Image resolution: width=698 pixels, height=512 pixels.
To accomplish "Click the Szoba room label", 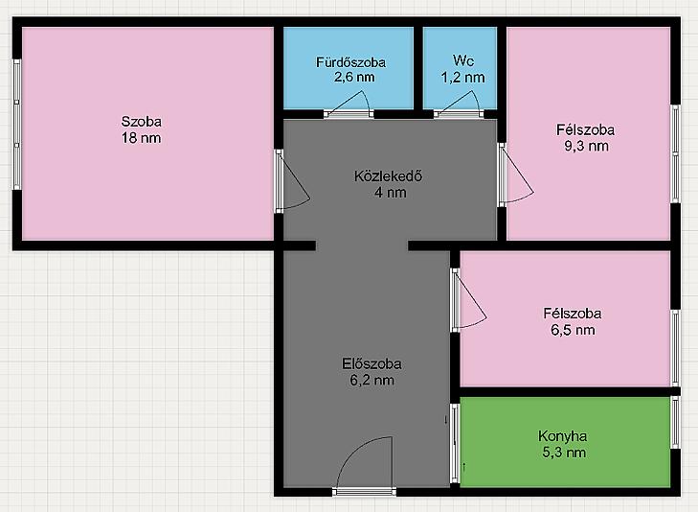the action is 142,121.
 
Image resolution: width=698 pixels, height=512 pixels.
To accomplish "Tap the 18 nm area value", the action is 142,138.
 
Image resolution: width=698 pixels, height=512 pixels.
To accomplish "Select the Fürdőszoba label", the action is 350,62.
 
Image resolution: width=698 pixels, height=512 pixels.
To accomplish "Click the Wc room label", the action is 463,60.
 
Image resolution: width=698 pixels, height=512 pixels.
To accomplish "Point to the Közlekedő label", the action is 388,176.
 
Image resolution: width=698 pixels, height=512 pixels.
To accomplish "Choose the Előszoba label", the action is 372,363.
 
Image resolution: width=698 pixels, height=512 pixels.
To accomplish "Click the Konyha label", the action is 563,436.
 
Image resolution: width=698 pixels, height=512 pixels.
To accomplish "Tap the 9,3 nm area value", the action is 586,146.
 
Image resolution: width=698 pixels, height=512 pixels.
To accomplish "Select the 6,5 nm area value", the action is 573,330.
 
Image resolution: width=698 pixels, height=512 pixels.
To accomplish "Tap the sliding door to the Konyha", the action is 455,443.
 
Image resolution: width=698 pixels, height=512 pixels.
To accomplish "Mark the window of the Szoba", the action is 17,125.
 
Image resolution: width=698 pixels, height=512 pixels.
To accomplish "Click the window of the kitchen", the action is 675,423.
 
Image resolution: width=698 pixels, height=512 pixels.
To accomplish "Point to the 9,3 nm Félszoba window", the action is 675,154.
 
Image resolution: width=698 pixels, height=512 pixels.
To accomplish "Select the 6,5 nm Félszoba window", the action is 675,348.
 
